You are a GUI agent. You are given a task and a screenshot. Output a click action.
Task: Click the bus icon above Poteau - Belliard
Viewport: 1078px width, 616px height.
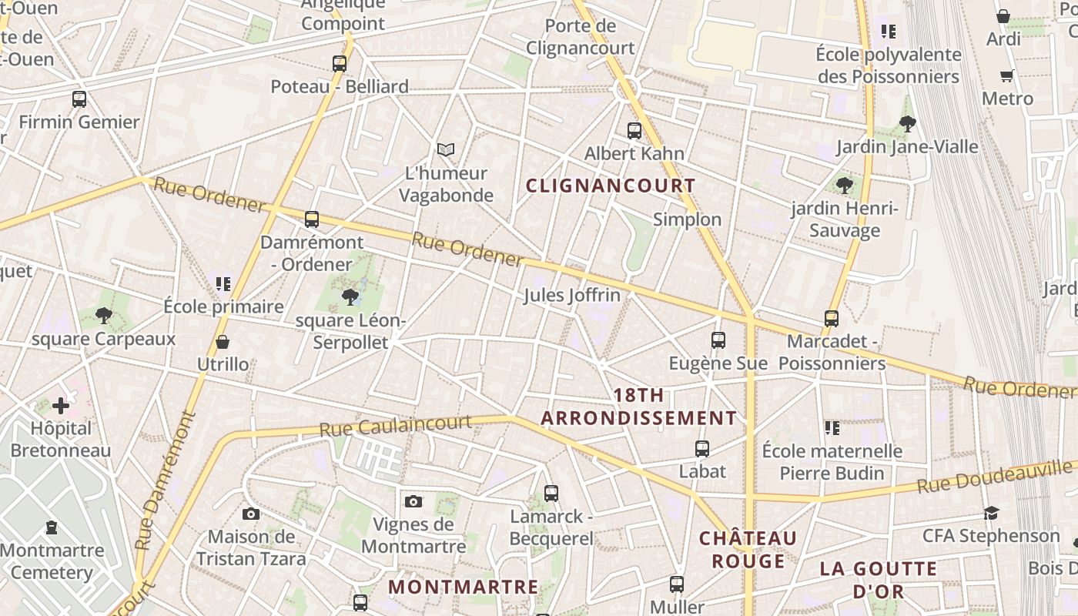340,64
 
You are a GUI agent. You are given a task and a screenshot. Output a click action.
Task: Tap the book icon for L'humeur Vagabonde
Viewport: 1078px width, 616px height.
446,149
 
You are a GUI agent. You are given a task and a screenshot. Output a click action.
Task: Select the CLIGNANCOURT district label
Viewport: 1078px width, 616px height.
611,186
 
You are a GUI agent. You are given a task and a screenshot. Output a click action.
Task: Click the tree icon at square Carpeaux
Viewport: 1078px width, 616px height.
103,315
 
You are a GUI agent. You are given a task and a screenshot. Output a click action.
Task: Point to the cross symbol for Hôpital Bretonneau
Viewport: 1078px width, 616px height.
61,405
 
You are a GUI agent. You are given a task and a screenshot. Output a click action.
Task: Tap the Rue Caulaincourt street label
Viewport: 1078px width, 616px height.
395,425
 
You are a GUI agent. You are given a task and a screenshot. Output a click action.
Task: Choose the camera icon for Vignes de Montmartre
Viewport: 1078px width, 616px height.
413,501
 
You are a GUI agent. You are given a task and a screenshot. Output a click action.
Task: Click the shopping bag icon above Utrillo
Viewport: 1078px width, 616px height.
223,341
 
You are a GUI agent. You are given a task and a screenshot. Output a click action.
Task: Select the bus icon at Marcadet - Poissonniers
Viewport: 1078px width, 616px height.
832,318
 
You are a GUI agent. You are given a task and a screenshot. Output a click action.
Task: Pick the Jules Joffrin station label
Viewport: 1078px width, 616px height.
572,295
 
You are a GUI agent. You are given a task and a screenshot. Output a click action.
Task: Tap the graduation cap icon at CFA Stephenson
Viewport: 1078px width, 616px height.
991,513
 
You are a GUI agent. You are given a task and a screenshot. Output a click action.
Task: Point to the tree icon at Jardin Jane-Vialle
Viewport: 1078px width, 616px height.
908,122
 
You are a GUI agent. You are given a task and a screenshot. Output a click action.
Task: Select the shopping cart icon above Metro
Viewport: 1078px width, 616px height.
1006,75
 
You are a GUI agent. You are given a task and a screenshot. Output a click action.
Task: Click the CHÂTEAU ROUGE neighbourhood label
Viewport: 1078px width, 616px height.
748,549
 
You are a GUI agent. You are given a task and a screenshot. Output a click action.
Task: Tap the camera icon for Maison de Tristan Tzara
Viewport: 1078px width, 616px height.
251,514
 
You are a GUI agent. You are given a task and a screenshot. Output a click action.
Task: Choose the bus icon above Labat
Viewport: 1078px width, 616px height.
702,448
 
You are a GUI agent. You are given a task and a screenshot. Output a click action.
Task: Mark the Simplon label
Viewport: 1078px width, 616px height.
688,219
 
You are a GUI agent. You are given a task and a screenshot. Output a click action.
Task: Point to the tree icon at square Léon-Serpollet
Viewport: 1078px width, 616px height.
350,296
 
